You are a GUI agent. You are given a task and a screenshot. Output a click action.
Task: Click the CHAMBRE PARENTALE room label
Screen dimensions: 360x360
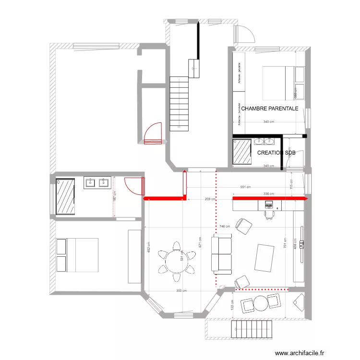click(269, 108)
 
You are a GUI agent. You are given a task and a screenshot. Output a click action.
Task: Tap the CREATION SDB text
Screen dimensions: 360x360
click(276, 153)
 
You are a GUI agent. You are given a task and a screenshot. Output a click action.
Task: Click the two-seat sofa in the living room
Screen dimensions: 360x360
click(221, 254)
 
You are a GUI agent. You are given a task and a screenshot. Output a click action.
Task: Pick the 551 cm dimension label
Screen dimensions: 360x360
click(247, 187)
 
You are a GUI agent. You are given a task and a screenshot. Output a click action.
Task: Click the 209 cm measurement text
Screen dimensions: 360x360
click(209, 199)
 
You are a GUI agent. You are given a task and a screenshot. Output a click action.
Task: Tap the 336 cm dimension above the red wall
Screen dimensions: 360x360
click(269, 194)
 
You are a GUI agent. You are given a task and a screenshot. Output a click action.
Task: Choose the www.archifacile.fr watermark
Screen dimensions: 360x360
click(296, 352)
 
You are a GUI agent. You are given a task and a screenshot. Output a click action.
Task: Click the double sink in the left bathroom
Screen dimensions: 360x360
click(97, 182)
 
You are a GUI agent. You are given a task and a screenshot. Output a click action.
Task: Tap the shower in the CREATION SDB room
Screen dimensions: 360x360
click(242, 151)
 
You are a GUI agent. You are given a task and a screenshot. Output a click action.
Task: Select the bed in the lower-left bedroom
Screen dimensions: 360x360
click(77, 255)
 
